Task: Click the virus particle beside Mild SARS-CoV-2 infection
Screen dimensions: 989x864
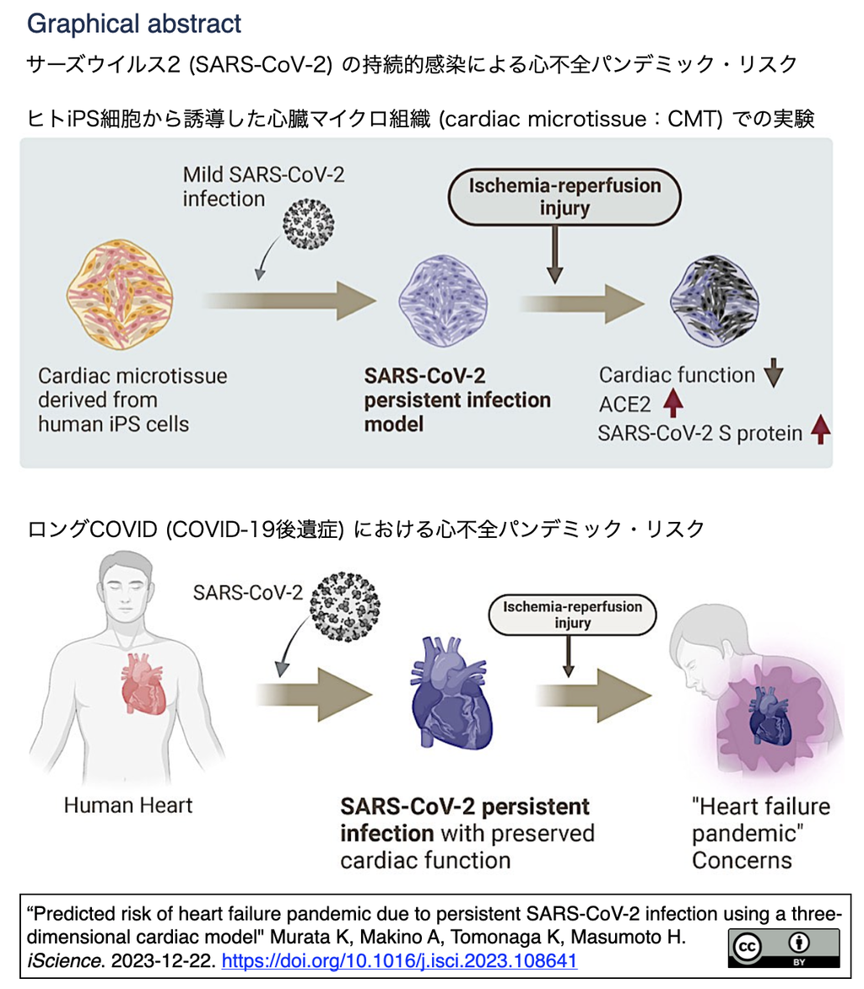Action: click(x=310, y=223)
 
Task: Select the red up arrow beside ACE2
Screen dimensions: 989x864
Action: click(x=672, y=404)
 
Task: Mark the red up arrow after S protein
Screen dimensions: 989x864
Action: click(x=819, y=432)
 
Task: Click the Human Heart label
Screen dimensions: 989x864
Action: click(x=127, y=804)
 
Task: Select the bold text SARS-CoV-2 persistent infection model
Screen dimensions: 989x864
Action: click(x=456, y=399)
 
